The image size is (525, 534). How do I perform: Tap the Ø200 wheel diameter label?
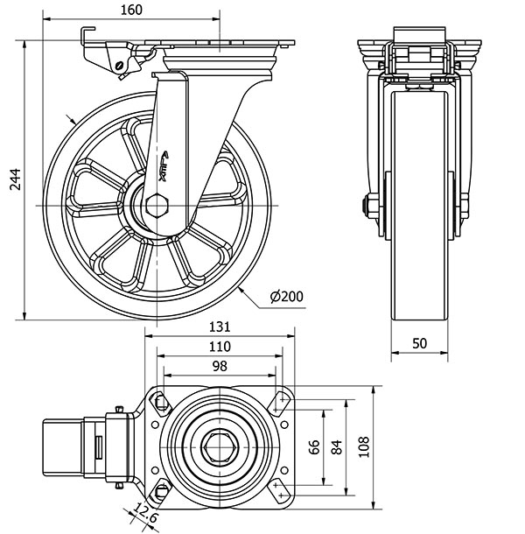pos(287,297)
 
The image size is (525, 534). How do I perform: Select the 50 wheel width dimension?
pos(420,343)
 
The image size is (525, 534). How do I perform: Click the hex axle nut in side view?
pos(157,207)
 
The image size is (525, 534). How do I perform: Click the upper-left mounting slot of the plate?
pos(162,402)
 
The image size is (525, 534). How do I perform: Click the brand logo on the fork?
pos(168,164)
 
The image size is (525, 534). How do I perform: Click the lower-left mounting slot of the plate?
pos(162,488)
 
